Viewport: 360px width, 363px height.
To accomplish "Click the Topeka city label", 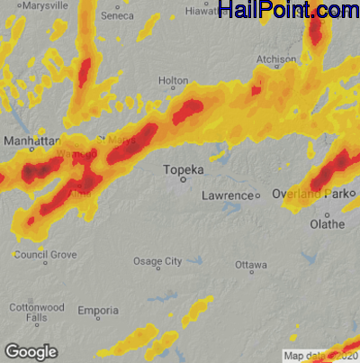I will click(184, 168).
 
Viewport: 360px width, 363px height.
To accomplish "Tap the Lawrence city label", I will click(226, 195).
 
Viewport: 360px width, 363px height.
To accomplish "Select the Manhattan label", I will click(31, 141).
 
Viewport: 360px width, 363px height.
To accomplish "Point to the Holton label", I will click(173, 81).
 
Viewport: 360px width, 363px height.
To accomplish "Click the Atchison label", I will click(277, 59).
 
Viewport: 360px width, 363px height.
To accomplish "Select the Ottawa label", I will click(251, 266).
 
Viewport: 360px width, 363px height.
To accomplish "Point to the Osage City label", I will click(157, 261).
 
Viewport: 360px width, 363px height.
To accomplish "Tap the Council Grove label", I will click(45, 255).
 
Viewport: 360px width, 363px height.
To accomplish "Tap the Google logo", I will click(30, 350).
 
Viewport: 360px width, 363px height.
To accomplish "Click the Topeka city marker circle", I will click(184, 180).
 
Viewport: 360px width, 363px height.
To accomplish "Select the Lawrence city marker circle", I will click(256, 195).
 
